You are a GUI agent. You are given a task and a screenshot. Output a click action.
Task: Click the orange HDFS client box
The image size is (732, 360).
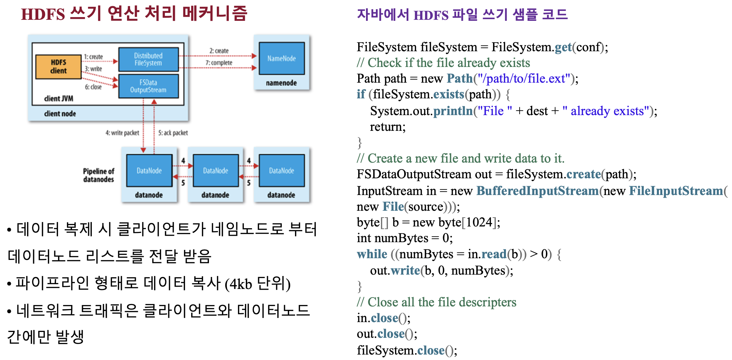58,67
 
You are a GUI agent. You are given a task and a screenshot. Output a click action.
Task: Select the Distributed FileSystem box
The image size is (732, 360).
148,59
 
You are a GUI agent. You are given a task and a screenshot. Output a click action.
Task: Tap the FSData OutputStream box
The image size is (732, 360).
148,86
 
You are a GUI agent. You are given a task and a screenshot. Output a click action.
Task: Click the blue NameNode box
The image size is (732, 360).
281,58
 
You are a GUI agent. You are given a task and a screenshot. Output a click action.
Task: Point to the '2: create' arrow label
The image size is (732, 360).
219,51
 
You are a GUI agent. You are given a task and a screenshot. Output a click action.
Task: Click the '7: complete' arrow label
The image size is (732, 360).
219,63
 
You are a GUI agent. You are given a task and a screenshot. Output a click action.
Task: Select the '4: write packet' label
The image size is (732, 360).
122,133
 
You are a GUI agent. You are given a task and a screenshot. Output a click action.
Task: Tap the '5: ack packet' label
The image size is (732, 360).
173,133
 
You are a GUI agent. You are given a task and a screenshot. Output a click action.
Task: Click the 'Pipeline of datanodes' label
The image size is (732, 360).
98,175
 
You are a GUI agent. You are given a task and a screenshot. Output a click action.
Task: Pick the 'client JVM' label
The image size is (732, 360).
58,99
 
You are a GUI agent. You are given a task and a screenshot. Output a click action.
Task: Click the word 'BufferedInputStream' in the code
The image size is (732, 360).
537,191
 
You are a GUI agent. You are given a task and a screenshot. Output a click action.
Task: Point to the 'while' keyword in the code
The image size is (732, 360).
372,254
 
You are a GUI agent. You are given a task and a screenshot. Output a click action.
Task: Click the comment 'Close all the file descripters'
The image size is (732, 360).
442,302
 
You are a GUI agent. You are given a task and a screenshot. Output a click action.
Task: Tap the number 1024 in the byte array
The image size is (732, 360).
479,223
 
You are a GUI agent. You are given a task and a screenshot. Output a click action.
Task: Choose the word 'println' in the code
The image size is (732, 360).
453,111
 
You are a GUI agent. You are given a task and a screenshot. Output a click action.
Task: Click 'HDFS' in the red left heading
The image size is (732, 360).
43,14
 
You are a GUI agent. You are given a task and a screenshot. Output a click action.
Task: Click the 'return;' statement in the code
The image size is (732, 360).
388,127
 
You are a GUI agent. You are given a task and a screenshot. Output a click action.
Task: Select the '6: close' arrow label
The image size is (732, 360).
93,87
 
